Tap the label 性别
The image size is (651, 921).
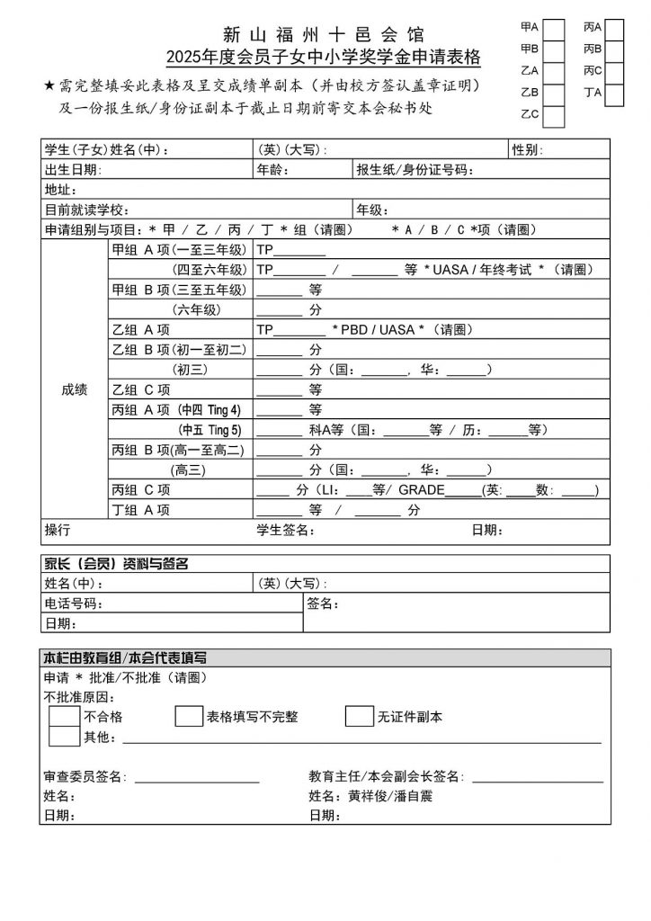pos(526,149)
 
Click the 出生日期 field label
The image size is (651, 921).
pos(73,169)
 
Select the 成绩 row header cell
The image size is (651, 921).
pos(75,389)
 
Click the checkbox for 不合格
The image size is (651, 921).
pos(64,716)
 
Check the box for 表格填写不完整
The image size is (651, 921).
pos(188,716)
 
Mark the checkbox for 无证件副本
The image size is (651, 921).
pos(359,716)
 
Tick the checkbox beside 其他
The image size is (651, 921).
pos(64,737)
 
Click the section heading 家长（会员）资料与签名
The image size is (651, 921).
pos(116,564)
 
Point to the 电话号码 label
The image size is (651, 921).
pos(73,604)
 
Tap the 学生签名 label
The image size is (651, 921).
pos(285,531)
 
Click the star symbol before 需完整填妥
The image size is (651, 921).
pos(49,86)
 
